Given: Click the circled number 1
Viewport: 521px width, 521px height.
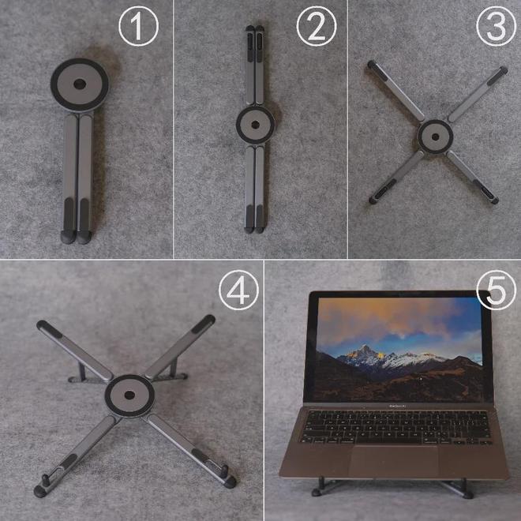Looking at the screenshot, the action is point(139,26).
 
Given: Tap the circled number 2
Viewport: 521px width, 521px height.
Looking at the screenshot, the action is point(317,26).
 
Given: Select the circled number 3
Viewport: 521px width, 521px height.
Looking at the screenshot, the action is point(497,26).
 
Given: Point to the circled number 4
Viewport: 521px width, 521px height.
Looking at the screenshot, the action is point(238,290).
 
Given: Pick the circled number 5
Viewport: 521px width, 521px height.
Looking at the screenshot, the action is point(497,290).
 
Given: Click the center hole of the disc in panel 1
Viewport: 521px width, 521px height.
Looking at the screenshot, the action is point(80,84).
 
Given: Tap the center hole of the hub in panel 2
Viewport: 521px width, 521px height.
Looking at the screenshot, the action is point(256,125).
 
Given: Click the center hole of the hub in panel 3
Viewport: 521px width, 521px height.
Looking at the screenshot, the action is point(435,137).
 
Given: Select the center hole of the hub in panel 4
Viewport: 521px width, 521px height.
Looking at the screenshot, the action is point(129,395).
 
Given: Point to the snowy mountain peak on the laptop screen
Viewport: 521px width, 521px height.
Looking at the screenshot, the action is point(365,348).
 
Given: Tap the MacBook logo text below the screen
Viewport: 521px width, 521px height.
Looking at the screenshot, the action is point(397,406).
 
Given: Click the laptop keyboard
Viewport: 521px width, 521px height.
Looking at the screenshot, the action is point(395,427).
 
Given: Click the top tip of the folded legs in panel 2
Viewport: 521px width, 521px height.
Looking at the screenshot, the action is point(255,28).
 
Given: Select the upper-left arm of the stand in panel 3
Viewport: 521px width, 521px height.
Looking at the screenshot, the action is point(395,90).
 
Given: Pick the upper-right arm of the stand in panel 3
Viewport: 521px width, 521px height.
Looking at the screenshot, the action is point(478,94).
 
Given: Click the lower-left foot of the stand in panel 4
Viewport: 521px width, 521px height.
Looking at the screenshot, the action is point(40,492).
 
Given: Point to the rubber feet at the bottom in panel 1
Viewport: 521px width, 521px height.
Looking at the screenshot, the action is point(76,238).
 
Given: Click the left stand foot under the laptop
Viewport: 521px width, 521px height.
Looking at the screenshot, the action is point(317,491).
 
